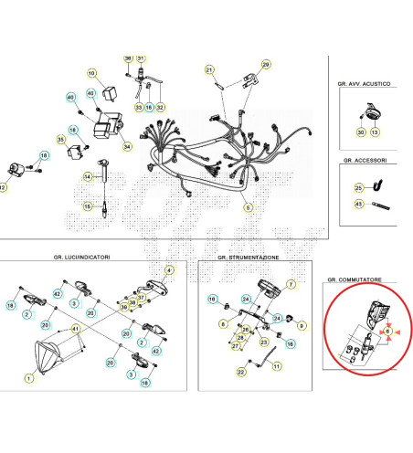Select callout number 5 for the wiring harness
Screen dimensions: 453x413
247,207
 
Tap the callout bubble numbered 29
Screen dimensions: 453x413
266,65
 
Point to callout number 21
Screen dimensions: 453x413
208,70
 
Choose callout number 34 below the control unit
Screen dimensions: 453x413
127,146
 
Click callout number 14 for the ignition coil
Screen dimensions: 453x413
88,176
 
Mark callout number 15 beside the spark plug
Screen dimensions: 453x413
88,207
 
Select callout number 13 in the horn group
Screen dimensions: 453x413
374,132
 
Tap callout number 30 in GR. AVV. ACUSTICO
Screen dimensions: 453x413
360,132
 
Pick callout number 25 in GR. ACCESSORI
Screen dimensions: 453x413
358,187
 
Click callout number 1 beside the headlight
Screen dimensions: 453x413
28,378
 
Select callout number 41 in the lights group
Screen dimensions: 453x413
76,328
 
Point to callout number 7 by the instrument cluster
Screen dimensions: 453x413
291,285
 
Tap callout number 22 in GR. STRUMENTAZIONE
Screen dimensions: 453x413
241,372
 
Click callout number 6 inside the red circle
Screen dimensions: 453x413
387,332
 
